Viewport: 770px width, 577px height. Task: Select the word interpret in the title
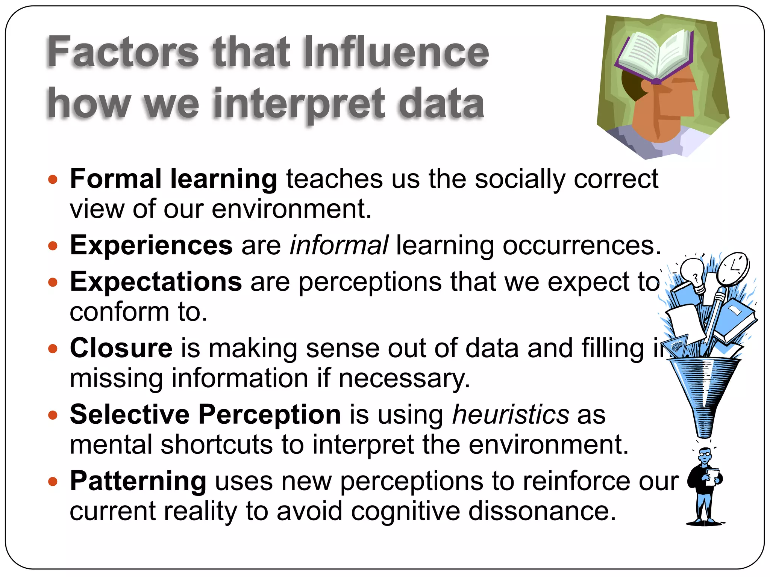click(299, 104)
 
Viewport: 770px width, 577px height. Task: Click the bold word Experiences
click(151, 245)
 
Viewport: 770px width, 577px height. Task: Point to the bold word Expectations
click(156, 282)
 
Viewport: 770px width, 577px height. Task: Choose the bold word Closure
click(121, 348)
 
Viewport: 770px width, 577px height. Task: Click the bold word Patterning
click(138, 481)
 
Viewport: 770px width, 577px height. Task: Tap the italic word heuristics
click(511, 415)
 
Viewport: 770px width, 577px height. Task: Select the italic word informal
click(338, 245)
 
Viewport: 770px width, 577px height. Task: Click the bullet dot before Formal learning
click(53, 179)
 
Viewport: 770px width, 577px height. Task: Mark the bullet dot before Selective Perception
click(53, 415)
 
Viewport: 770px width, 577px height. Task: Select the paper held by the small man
click(712, 476)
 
